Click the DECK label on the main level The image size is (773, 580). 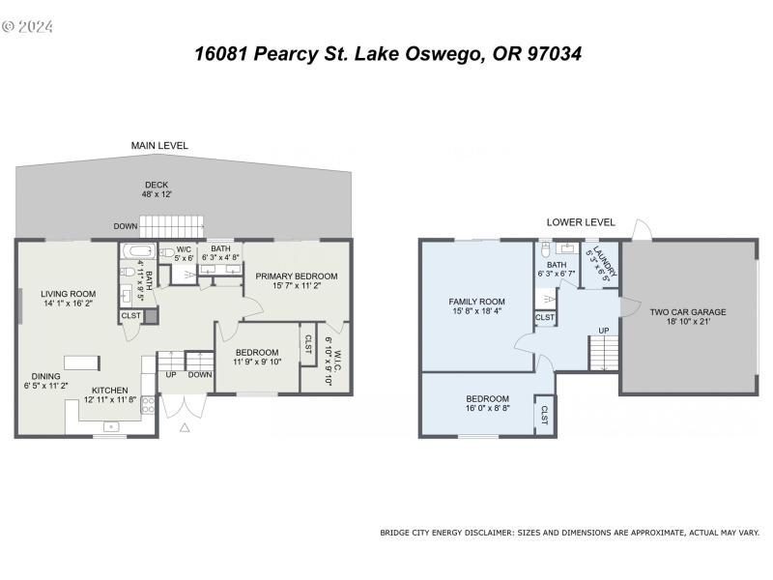coord(157,185)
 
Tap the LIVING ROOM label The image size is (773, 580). coord(68,294)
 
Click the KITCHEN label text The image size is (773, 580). coord(110,390)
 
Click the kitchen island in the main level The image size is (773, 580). coord(82,362)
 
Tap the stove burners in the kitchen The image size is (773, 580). coord(148,403)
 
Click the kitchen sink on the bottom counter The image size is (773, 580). coord(111,425)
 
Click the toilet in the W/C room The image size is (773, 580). coord(166,253)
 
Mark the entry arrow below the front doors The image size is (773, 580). coord(185,424)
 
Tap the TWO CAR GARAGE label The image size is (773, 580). coord(687,312)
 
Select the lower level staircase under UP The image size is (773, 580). coord(602,353)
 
